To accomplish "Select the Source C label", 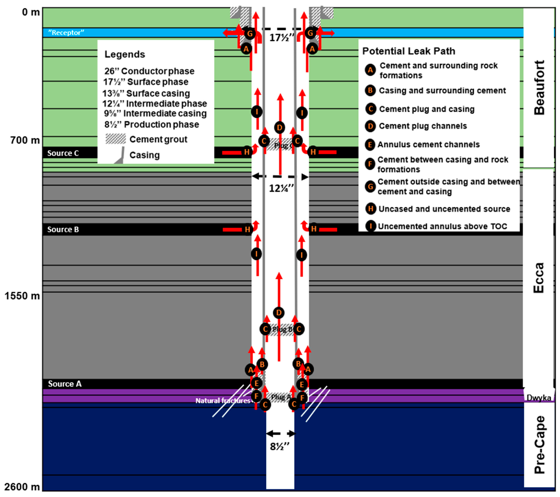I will point(63,153).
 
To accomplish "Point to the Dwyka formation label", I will point(539,398).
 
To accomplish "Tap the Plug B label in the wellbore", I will point(282,329).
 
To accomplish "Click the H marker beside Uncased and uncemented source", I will point(370,209).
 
